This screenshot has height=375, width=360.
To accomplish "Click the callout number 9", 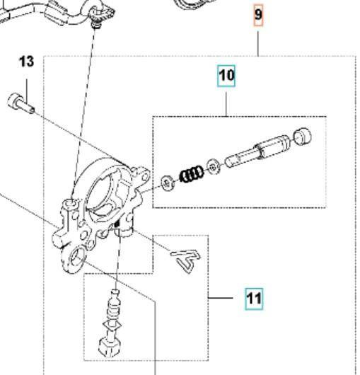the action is [x=258, y=15].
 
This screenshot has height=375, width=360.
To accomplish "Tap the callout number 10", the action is [x=226, y=76].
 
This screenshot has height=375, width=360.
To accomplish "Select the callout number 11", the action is [x=254, y=299].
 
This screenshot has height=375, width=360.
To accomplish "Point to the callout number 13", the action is [x=26, y=62].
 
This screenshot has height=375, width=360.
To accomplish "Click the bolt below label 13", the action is [x=21, y=103].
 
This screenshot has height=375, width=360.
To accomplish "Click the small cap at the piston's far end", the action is [x=303, y=136].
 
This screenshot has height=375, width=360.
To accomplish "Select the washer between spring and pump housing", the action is [x=168, y=183].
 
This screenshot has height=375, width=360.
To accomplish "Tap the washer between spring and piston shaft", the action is [x=213, y=166].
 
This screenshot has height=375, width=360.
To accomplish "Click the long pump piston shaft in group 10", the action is [x=257, y=151].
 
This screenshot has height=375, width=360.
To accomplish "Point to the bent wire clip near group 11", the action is [x=186, y=260].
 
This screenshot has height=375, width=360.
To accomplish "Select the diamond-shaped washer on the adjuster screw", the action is [x=112, y=325].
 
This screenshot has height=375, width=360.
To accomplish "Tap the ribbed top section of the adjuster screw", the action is [x=114, y=306].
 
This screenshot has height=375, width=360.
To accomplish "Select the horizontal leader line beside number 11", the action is [x=221, y=298].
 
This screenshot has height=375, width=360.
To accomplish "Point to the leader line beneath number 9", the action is [x=258, y=44].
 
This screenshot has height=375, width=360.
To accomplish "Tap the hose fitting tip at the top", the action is [x=97, y=25].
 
